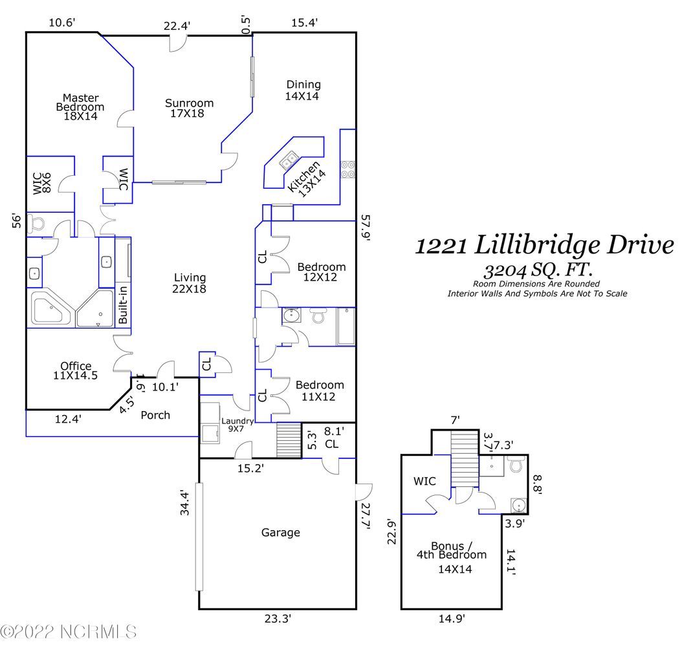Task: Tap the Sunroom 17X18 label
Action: pos(189,108)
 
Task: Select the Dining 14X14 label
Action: pos(303,90)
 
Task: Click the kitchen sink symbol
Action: pos(289,158)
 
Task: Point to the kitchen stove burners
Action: pos(348,168)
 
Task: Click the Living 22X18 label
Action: pos(190,283)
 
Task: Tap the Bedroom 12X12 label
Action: pos(321,272)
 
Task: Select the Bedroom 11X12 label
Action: pos(320,390)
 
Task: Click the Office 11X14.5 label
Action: pos(76,370)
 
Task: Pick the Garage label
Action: pos(280,533)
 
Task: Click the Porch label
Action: pos(155,414)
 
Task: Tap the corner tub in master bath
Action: pos(50,310)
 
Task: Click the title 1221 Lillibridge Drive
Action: pos(544,246)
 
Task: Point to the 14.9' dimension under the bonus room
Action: pos(452,619)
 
